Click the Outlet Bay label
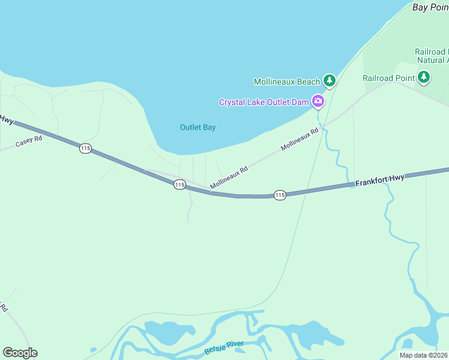click(197, 127)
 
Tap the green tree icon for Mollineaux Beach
click(329, 80)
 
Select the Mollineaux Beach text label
click(287, 82)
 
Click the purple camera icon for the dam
click(318, 101)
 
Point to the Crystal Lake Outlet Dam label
click(264, 102)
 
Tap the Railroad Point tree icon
click(424, 77)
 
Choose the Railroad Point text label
click(388, 78)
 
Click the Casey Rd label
click(29, 142)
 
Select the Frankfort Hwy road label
click(380, 179)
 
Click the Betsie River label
click(224, 346)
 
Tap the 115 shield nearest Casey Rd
click(85, 148)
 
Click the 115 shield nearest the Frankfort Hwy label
click(280, 195)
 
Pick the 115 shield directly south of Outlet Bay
click(179, 185)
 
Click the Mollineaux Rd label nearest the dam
click(300, 139)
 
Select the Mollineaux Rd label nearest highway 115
click(229, 178)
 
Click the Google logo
click(20, 353)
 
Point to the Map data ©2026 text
click(424, 355)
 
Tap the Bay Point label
click(430, 7)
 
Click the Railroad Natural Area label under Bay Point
click(432, 56)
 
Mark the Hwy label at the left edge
click(7, 120)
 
